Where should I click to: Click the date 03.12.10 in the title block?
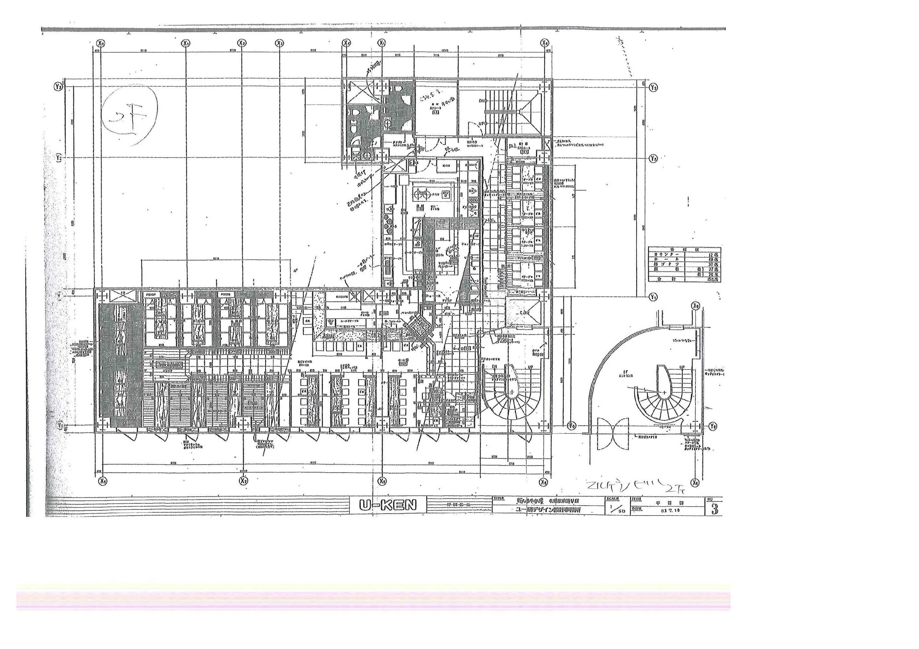click(671, 510)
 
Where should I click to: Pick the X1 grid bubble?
click(185, 43)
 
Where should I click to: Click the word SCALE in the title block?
click(612, 499)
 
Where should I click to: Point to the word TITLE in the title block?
click(498, 499)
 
